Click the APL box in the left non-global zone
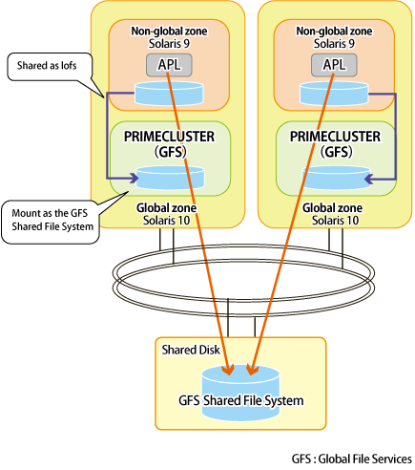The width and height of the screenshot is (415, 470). (x=169, y=65)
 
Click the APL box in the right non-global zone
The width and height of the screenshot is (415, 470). (x=334, y=65)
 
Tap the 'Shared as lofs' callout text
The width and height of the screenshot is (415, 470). (x=47, y=66)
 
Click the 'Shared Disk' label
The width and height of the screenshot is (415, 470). (x=191, y=350)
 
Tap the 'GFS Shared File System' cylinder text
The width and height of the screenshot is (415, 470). (x=241, y=400)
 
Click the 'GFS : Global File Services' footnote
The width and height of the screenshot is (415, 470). (x=352, y=459)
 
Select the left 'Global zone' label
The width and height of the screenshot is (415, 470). (x=166, y=208)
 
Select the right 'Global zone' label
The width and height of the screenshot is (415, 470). (x=332, y=208)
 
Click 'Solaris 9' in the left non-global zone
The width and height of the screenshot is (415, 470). (x=169, y=44)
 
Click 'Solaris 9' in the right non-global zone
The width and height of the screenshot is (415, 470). (x=334, y=44)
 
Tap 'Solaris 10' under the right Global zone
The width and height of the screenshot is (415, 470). (x=335, y=221)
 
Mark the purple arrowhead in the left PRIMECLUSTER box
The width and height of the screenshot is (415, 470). (x=134, y=179)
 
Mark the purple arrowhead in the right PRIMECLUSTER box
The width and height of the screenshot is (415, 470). (x=370, y=179)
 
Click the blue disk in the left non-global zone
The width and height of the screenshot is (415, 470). (x=169, y=94)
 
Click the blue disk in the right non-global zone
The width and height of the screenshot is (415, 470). (x=334, y=94)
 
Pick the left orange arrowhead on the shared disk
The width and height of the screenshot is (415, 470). (x=228, y=370)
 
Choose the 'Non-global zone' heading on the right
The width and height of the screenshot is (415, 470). (x=334, y=32)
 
